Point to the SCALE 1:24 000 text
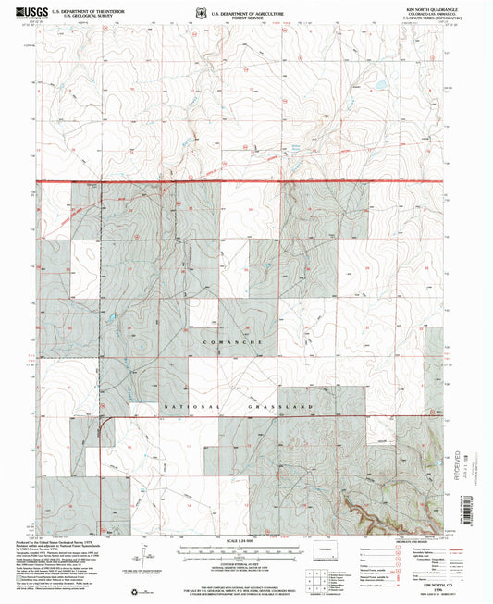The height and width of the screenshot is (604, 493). pos(244,540)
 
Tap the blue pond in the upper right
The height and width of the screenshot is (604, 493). pos(378,90)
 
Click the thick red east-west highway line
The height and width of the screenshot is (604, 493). pos(250,182)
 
